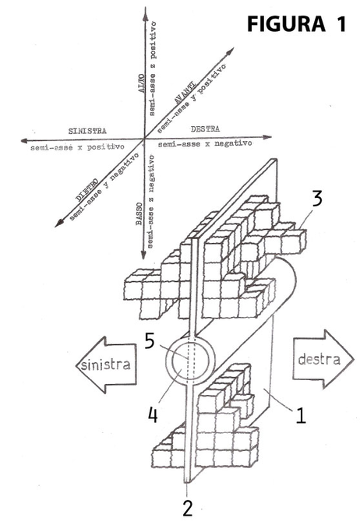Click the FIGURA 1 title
coord(296,24)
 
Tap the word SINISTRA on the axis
coord(87,131)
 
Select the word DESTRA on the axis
coord(205,129)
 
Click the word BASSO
coord(139,214)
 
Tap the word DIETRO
coord(86,190)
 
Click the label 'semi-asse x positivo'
coord(77,147)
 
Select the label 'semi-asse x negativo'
coord(205,143)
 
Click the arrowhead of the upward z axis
coord(146,13)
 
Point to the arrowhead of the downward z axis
coord(143,254)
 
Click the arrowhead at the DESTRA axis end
coord(266,137)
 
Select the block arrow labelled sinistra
coord(106,365)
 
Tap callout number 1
coord(301,415)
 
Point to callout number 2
coord(188,508)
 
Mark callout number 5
coord(150,341)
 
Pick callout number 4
coord(153,414)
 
